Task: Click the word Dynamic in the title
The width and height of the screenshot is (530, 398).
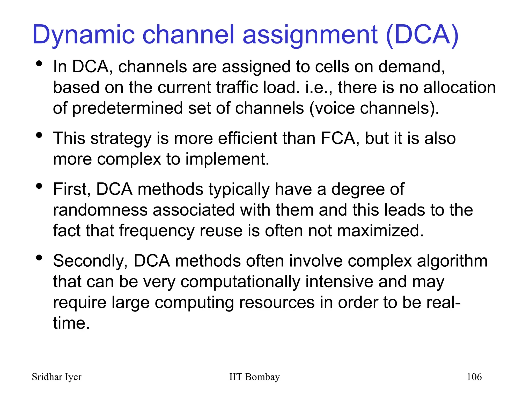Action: [x=83, y=35]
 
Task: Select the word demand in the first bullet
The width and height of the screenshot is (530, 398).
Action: [x=411, y=67]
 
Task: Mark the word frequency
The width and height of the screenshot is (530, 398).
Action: [x=157, y=231]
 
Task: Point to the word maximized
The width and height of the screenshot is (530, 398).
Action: [x=381, y=231]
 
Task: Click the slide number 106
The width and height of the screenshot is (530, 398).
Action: [x=474, y=377]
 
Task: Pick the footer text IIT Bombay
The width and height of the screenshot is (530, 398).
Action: [x=254, y=377]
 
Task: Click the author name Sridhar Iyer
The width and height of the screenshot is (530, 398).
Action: [x=56, y=377]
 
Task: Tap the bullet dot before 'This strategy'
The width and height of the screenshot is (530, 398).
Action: [x=39, y=135]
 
